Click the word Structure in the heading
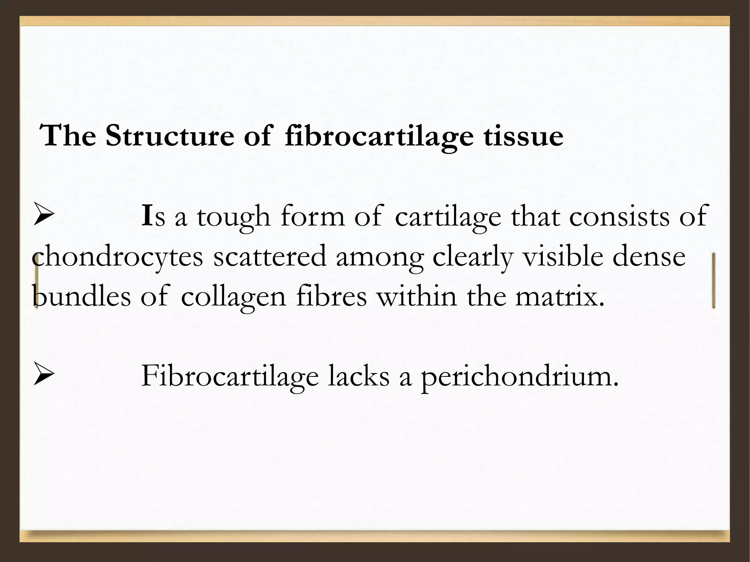pyautogui.click(x=170, y=136)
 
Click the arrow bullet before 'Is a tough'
pyautogui.click(x=44, y=216)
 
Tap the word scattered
pyautogui.click(x=270, y=256)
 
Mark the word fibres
pyautogui.click(x=331, y=296)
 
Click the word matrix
pyautogui.click(x=560, y=296)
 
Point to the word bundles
pyautogui.click(x=81, y=296)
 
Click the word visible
pyautogui.click(x=562, y=256)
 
